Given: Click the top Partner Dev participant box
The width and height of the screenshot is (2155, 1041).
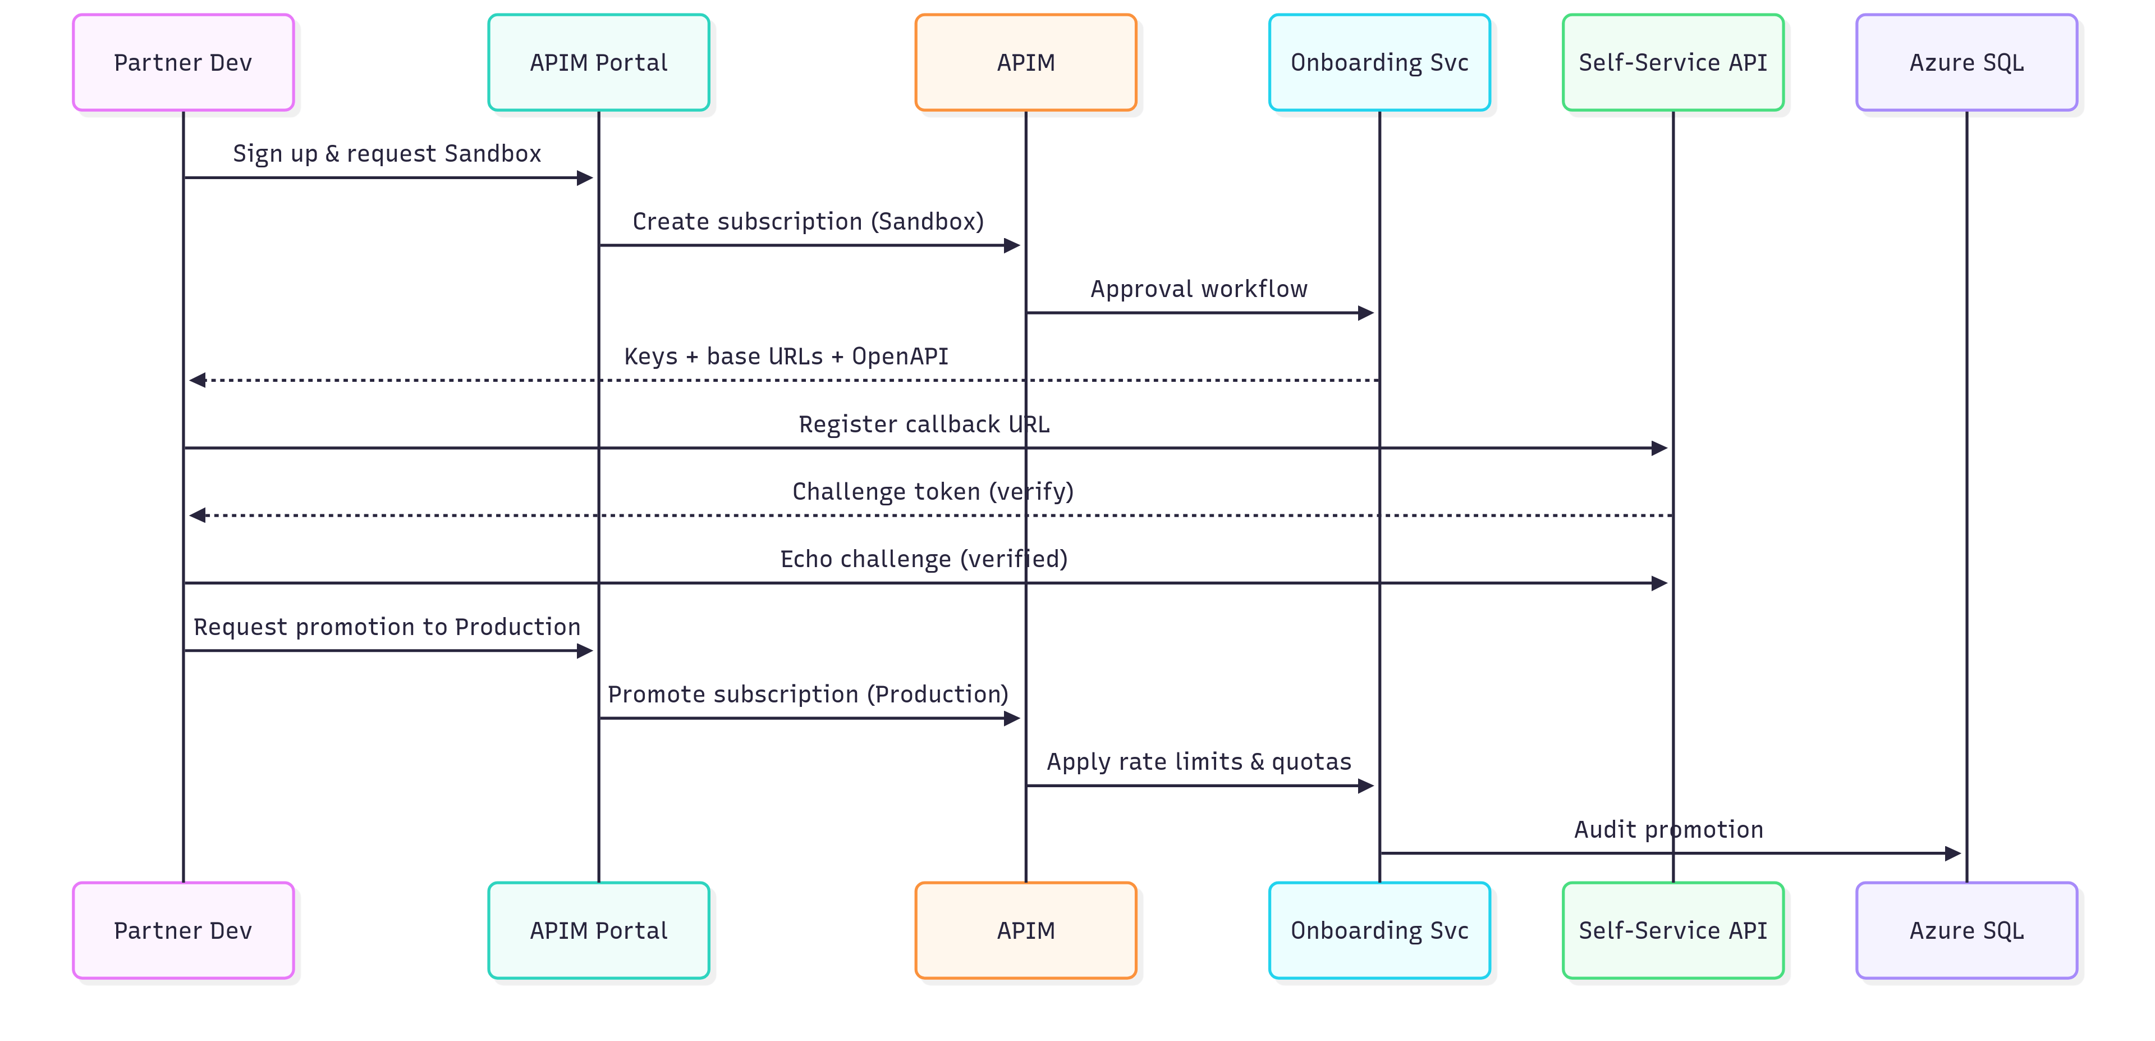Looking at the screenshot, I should [183, 63].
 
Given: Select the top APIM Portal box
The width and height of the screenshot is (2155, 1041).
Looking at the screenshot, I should [598, 63].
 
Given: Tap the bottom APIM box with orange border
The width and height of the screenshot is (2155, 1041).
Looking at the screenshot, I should [1026, 930].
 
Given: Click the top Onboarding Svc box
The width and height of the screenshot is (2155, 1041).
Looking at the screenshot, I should [1379, 63].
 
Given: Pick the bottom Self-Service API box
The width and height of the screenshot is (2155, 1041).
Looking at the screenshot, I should [1673, 930].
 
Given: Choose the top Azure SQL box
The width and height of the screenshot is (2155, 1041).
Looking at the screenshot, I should [1966, 63].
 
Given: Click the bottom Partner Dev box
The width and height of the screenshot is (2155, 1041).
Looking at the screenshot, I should [183, 930].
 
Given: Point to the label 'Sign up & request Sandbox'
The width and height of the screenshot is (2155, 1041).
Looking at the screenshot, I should [387, 154].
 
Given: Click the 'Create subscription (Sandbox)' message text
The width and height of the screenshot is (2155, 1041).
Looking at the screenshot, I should [808, 222].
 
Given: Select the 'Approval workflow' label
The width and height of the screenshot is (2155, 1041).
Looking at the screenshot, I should [1198, 290].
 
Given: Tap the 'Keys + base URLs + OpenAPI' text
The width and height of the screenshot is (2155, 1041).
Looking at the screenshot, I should [786, 357].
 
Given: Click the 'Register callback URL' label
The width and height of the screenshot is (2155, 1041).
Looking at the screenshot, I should [924, 424].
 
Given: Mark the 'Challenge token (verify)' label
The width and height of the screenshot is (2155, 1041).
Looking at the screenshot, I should [932, 491].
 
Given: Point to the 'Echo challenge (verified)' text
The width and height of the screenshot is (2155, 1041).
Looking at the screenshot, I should [924, 559].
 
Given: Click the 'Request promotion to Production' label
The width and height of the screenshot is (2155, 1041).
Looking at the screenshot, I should [387, 627].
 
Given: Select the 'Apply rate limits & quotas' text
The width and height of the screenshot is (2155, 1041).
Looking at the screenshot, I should [1198, 761].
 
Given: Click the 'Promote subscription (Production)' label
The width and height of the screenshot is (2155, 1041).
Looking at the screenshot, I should [808, 695].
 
